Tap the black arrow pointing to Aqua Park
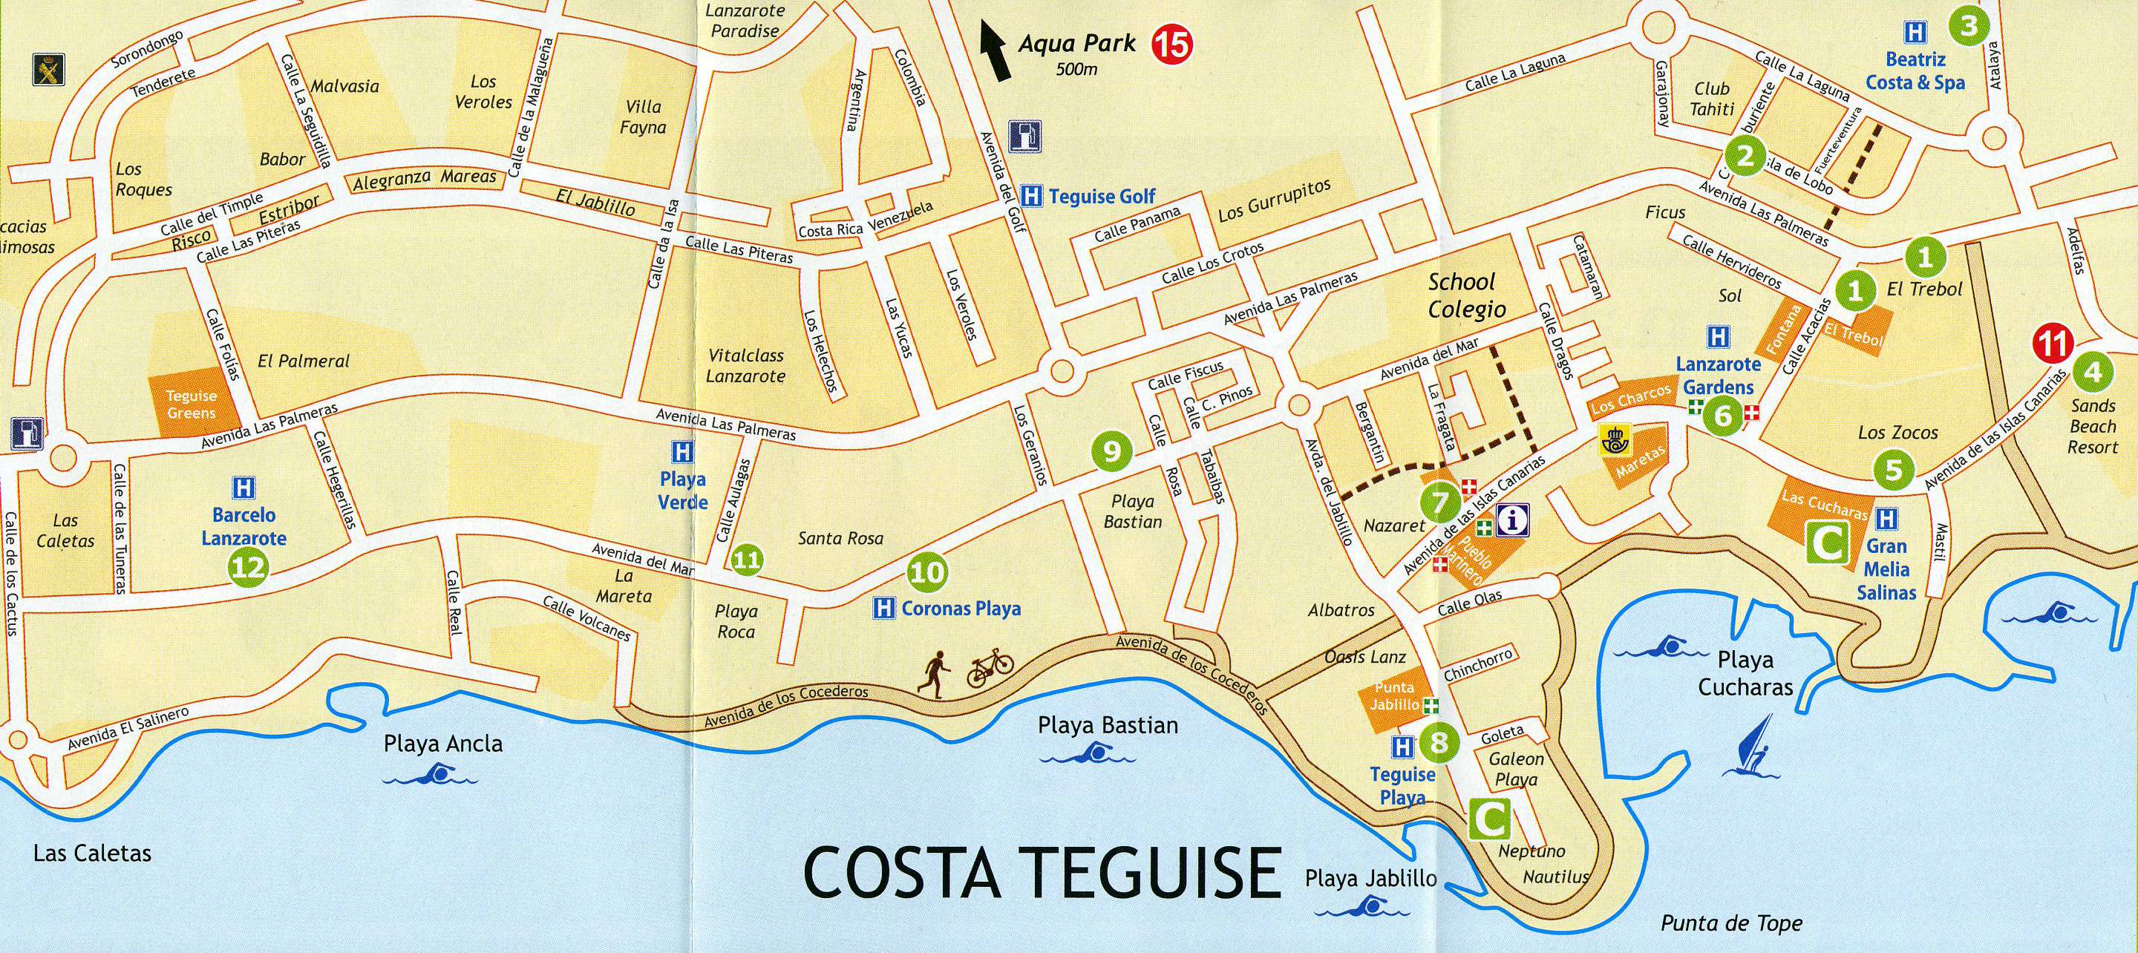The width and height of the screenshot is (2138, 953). coord(994,51)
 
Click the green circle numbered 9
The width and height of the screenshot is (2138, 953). coord(1111,451)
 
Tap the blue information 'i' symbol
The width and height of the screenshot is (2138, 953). coord(1513,520)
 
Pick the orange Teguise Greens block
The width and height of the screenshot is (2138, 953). coord(191,405)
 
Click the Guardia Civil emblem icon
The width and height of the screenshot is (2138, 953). coord(45,68)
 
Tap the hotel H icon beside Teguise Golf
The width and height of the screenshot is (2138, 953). coord(1031,196)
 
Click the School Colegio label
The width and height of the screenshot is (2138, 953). coord(1467,295)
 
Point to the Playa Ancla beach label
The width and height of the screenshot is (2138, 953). coord(442,743)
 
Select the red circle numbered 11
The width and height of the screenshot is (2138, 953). coord(2053,345)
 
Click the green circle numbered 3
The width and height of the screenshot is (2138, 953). coord(1969,27)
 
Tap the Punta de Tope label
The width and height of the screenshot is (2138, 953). coord(1731,923)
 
